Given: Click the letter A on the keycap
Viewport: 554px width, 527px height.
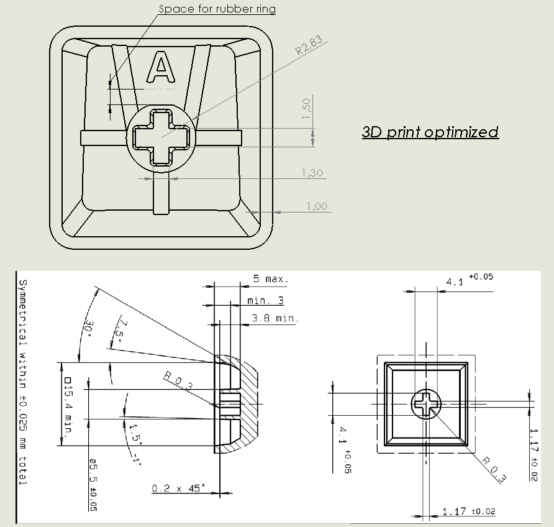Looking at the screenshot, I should pos(161,67).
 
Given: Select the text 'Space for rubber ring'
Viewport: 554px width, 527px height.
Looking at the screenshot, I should pos(217,9).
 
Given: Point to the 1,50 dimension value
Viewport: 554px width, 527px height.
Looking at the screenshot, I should pos(306,111).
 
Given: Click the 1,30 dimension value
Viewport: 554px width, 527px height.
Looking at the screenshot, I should pos(312,173).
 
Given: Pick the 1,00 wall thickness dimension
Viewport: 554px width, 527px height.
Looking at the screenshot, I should pos(317,206).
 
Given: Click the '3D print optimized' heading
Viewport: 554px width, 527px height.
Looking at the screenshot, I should pos(430,132).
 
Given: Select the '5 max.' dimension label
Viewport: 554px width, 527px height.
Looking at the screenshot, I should pos(271,279).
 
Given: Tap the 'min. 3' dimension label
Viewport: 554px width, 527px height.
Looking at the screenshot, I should pos(265,300).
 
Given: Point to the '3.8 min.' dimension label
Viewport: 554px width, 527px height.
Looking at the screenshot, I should pos(275,318).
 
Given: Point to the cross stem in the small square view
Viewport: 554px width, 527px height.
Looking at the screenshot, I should pos(426,404).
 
